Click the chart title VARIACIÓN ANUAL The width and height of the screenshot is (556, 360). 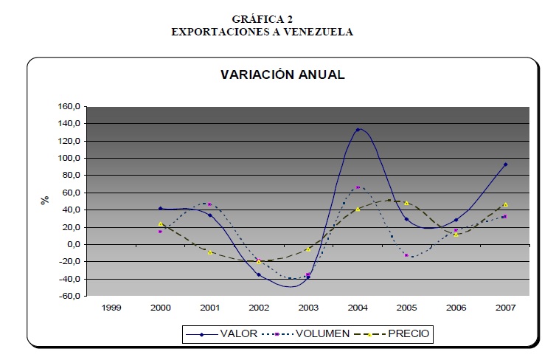(x=283, y=75)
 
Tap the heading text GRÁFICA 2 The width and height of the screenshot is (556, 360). (x=263, y=19)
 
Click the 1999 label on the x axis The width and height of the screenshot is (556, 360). (x=111, y=307)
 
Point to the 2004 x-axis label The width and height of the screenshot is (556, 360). (x=358, y=307)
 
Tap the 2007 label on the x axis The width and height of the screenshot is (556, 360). (x=505, y=307)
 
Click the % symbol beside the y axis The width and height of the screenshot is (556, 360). (x=45, y=199)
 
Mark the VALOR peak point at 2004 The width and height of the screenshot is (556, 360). (x=358, y=130)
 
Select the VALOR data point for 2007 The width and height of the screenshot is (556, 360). (x=505, y=165)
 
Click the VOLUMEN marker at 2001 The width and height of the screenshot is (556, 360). (x=210, y=204)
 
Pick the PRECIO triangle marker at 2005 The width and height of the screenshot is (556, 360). (x=406, y=203)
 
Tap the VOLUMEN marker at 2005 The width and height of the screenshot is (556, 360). (x=406, y=255)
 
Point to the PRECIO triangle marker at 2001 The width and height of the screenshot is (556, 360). (x=210, y=252)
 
